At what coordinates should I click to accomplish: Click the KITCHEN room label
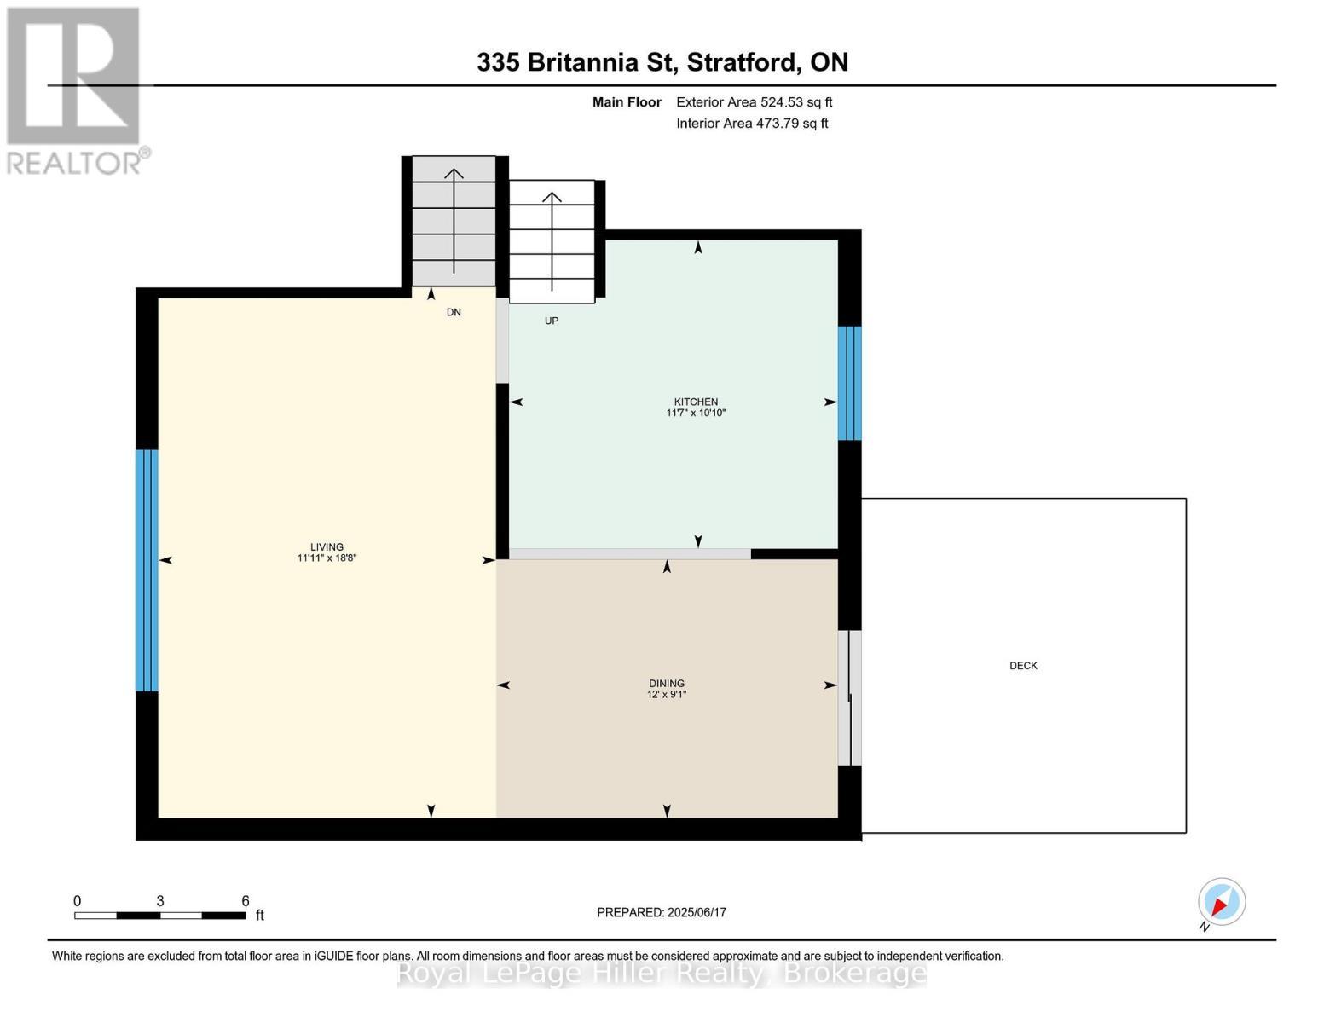click(696, 402)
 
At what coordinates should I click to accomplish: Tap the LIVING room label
click(327, 547)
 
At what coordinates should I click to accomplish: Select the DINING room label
click(666, 684)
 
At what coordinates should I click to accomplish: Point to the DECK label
click(1023, 666)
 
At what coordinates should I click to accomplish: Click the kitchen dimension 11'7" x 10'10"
click(696, 413)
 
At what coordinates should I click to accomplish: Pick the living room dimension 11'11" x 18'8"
click(327, 558)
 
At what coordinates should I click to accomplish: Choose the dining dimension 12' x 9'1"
click(666, 695)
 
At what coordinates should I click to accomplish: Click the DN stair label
click(454, 313)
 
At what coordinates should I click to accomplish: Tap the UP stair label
click(552, 321)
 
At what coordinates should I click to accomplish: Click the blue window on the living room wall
click(147, 569)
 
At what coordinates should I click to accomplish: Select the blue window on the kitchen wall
click(849, 383)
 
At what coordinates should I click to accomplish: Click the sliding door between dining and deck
click(849, 698)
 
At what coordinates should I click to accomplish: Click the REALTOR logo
click(74, 90)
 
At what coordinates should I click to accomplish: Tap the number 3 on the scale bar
click(160, 901)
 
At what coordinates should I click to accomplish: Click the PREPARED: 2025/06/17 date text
click(662, 912)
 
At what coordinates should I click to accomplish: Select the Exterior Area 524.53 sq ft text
click(754, 102)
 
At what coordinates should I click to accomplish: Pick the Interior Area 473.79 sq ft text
click(752, 124)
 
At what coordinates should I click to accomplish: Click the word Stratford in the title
click(743, 62)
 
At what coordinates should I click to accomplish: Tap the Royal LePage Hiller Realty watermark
click(662, 974)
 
